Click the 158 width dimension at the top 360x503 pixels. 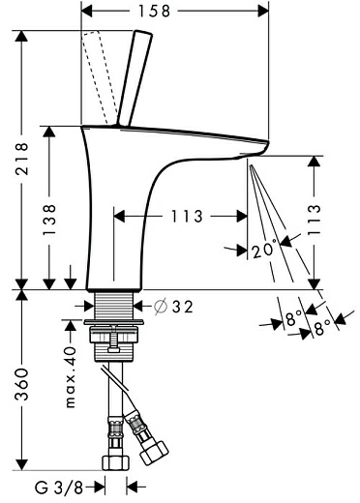[154, 12]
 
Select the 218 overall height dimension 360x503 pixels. [22, 159]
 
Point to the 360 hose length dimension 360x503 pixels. [22, 384]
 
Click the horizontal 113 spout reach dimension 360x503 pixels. [187, 216]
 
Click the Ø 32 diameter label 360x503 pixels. [173, 306]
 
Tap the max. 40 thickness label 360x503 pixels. [71, 377]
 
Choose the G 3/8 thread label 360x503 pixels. [59, 488]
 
